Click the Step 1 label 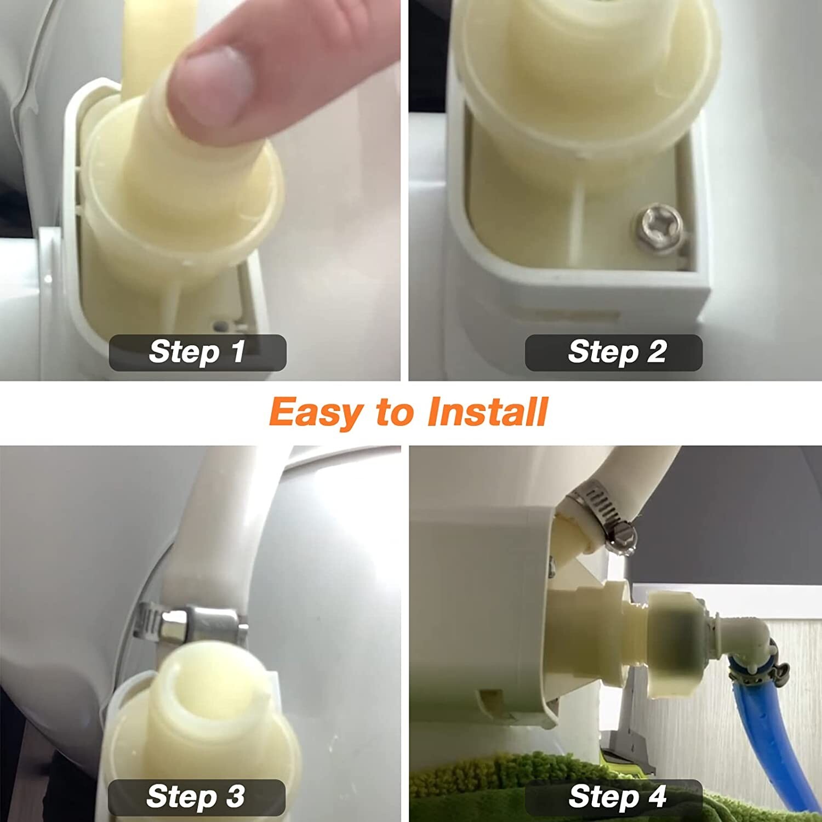tap(197, 352)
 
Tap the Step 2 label tap(614, 352)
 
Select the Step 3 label tap(196, 797)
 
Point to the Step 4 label tap(614, 797)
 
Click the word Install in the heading tap(488, 412)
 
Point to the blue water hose tap(751, 712)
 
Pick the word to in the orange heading tap(395, 412)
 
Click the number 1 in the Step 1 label tap(238, 352)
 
